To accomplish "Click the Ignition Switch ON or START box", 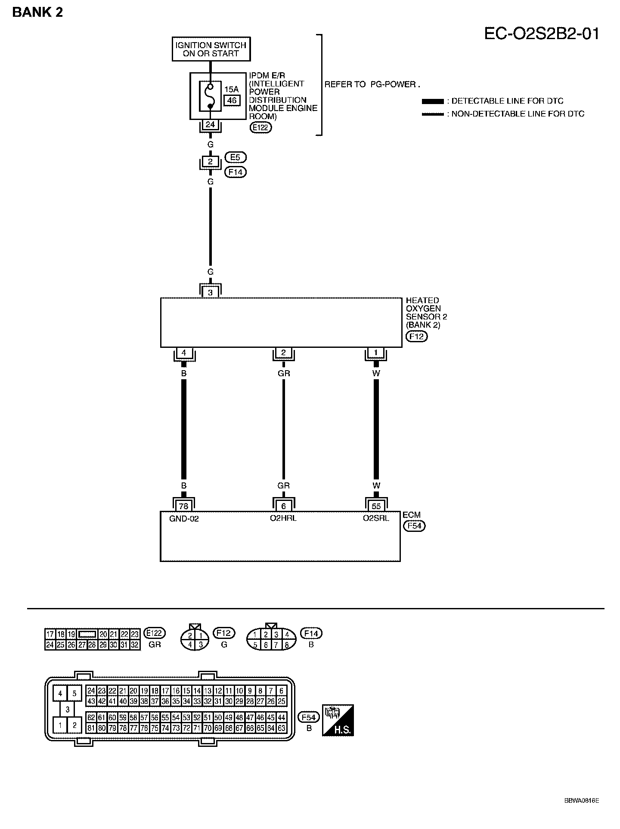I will coord(211,49).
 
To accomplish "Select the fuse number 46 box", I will coord(232,101).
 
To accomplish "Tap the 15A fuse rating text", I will coord(231,89).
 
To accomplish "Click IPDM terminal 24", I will coord(210,125).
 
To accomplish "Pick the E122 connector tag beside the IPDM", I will coord(261,127).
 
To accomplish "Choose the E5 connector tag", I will coord(235,157).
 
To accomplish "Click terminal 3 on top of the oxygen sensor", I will coord(210,292).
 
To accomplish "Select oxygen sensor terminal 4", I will coord(184,353).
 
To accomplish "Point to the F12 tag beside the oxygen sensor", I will coord(416,337).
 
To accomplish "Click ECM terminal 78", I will coord(184,506).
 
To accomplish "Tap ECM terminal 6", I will coord(283,506).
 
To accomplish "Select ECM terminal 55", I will coord(376,506).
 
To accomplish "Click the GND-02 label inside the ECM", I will coord(184,519).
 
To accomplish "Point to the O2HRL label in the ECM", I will coord(283,518).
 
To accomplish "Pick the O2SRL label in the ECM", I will coord(376,518).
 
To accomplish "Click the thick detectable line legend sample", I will coord(433,101).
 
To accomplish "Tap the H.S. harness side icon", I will coord(338,720).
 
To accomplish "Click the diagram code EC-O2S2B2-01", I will coord(542,34).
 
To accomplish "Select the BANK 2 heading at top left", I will coord(38,12).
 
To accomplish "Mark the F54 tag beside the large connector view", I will coord(309,717).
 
